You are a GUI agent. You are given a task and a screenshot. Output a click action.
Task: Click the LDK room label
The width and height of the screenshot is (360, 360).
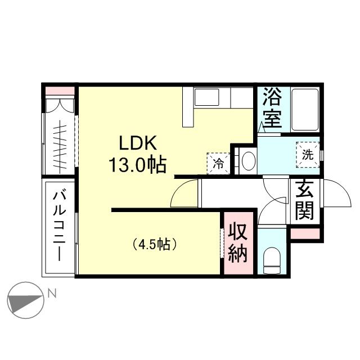(138, 143)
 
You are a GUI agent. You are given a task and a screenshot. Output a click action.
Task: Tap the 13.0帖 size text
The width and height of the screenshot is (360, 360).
(137, 164)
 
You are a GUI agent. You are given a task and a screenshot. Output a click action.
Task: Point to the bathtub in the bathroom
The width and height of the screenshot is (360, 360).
(305, 110)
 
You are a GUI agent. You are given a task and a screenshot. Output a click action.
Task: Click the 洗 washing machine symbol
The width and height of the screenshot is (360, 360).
(308, 155)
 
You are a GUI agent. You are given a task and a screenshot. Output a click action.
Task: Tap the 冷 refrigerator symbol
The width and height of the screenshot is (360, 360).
(218, 163)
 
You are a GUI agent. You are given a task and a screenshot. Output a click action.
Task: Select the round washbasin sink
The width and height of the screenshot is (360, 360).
(249, 160)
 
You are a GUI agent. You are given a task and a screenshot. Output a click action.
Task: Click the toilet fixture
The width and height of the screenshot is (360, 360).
(272, 260)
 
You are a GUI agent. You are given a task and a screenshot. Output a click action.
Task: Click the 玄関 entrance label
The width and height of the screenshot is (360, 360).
(304, 200)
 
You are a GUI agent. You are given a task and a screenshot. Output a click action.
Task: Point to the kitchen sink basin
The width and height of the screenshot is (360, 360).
(206, 97)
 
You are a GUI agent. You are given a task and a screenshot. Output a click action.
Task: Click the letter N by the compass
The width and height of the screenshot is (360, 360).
(52, 294)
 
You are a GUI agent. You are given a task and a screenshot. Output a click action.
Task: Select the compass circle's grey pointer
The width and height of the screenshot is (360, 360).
(26, 304)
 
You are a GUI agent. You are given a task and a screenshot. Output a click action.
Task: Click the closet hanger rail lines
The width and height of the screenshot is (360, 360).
(60, 147)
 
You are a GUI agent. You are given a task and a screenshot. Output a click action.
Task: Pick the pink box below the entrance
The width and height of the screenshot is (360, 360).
(305, 233)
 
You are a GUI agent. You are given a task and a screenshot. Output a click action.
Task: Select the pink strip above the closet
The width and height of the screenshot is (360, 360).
(60, 91)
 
